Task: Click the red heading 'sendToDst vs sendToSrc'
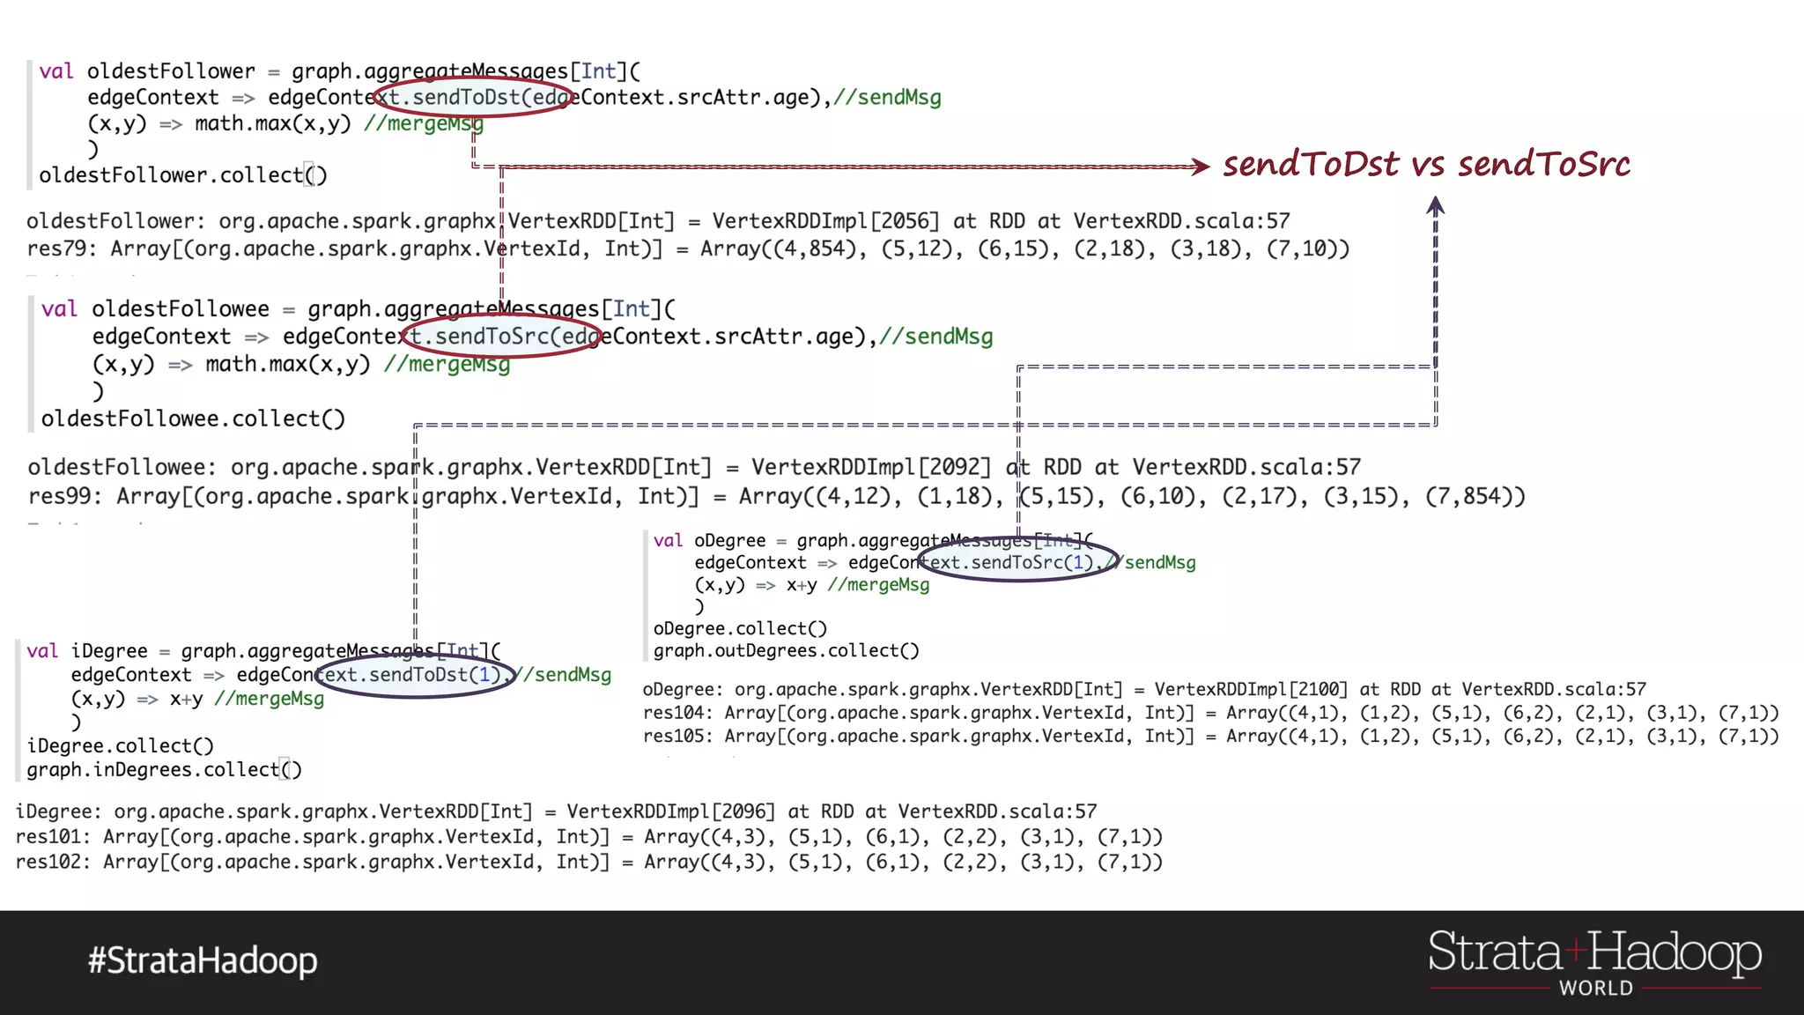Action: click(1426, 165)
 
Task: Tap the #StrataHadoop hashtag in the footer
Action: click(203, 960)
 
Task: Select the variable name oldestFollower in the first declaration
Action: click(171, 71)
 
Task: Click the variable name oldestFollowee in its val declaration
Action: click(181, 309)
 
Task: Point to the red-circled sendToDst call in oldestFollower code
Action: click(475, 97)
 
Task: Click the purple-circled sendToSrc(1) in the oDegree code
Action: click(1018, 562)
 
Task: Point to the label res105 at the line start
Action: click(677, 737)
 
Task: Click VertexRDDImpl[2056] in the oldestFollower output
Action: click(825, 221)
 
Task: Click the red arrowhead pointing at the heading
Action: click(1201, 166)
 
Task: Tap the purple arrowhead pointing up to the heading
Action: click(1436, 206)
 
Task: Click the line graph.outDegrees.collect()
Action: click(786, 651)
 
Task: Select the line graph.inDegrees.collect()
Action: click(164, 770)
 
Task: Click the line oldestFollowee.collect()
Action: click(193, 419)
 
